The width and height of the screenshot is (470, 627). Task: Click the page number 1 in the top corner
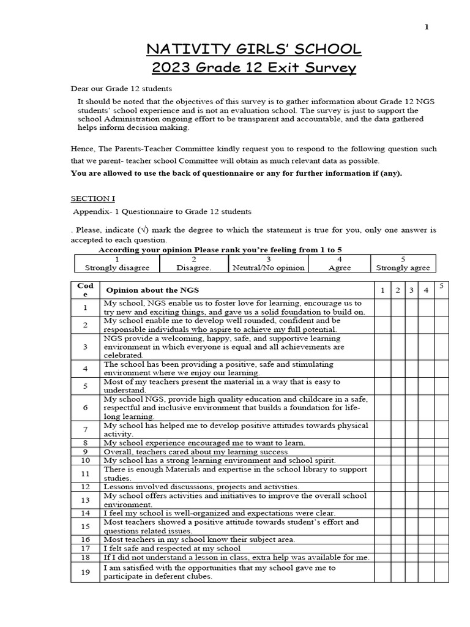tap(427, 27)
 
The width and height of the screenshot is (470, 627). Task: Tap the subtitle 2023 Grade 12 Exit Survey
tap(253, 67)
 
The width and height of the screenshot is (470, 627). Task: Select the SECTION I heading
tap(92, 198)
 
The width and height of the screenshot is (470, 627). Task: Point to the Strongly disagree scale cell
tap(117, 263)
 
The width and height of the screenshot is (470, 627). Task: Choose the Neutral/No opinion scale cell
tap(269, 263)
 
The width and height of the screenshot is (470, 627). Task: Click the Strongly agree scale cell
tap(403, 263)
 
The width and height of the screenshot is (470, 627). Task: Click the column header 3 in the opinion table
tap(412, 290)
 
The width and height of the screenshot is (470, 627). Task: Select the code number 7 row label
tap(86, 429)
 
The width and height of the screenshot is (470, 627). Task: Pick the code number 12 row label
tap(86, 487)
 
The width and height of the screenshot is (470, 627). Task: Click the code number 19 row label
tap(86, 572)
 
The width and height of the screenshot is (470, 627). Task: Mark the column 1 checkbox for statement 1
tap(382, 307)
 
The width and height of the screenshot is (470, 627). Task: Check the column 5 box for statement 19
tap(441, 572)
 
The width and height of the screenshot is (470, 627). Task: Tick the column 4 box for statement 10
tap(427, 460)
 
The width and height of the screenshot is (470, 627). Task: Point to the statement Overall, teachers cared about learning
tap(195, 451)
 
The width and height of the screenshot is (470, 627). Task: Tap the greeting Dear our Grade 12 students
tap(121, 89)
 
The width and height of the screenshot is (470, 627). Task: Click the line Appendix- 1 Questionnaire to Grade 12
tap(162, 212)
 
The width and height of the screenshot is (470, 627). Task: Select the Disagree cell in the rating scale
tap(193, 263)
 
